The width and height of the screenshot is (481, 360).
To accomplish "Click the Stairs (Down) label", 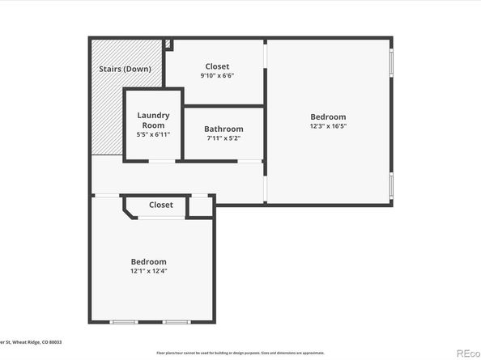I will [125, 70].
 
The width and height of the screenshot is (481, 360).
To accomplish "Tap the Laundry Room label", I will [152, 121].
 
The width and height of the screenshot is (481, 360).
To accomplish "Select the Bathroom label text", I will [223, 129].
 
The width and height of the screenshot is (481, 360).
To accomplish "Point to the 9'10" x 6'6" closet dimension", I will [217, 76].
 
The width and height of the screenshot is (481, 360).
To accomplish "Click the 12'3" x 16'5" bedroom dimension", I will [328, 125].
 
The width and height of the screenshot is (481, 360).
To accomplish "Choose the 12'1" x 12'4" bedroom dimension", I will [149, 271].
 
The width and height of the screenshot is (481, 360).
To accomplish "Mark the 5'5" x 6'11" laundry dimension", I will [152, 134].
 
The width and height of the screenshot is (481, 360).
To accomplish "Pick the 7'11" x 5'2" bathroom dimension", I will [223, 138].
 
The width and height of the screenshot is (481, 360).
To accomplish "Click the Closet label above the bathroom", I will [217, 66].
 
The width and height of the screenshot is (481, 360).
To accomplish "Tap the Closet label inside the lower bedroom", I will [161, 205].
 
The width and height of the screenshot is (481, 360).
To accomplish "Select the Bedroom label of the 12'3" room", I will [328, 116].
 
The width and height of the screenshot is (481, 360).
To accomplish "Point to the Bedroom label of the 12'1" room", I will [149, 261].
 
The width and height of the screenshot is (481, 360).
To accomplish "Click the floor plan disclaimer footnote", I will [240, 353].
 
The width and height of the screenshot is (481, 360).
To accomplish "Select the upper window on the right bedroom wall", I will [392, 65].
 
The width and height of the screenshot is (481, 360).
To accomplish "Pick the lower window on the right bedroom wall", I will [392, 185].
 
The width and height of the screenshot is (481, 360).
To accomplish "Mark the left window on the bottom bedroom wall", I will [123, 322].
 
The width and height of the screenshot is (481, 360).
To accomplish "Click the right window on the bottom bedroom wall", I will [175, 322].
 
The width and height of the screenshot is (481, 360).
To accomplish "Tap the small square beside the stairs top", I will [168, 44].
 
